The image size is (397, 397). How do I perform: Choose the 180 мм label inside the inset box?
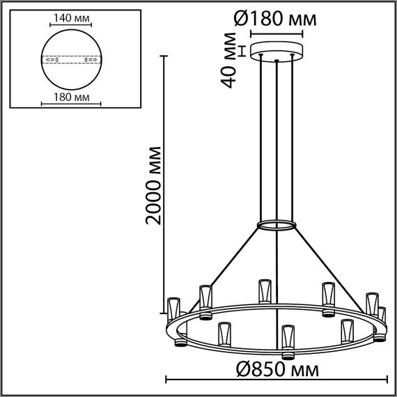73,97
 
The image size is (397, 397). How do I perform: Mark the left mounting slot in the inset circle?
52,60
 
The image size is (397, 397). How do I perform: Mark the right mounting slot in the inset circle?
90,60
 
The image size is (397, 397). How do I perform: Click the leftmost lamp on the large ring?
174,310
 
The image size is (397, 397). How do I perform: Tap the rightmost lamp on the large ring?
380,320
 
